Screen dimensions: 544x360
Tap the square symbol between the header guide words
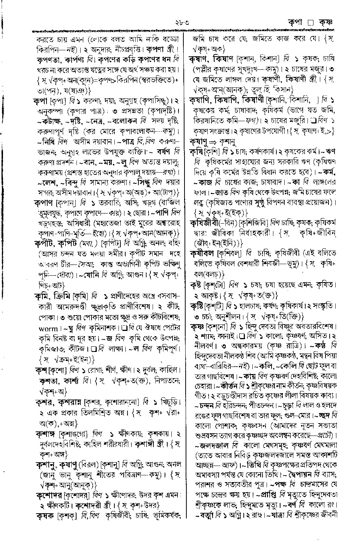click(310, 23)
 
